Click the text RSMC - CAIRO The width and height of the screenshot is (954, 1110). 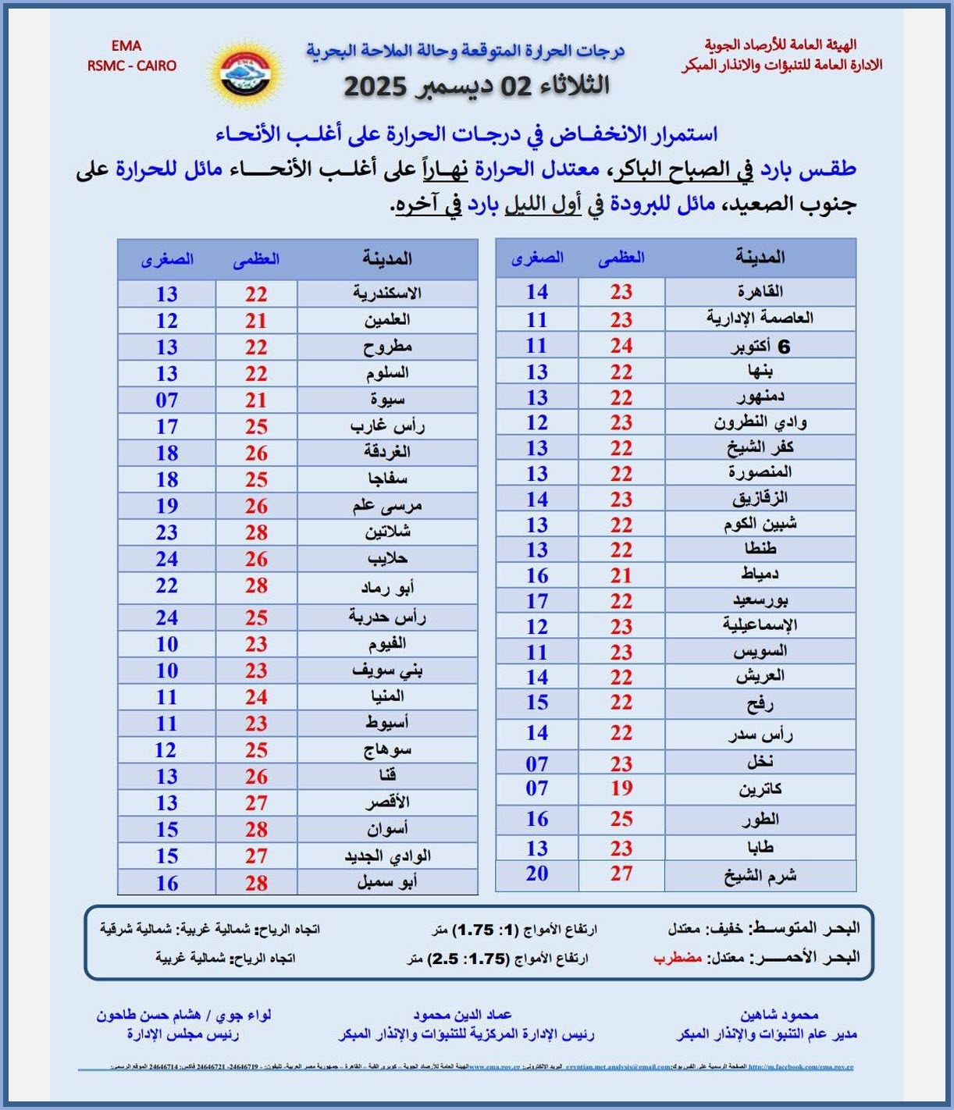tap(132, 66)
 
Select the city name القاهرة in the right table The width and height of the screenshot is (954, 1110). tap(760, 291)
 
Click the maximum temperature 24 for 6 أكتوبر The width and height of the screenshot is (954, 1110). tap(621, 345)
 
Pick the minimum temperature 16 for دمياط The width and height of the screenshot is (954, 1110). tap(537, 575)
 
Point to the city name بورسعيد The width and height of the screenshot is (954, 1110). tap(760, 600)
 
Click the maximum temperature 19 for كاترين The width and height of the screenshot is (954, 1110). tap(621, 788)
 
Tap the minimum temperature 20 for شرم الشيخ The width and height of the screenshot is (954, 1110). tap(537, 873)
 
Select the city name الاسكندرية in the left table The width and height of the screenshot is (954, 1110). tap(386, 294)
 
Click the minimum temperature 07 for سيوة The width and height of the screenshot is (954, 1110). tap(166, 400)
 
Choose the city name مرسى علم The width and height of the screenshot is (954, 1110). tap(386, 506)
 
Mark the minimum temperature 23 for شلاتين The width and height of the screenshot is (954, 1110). tap(166, 532)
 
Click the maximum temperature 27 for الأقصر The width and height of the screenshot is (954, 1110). tap(256, 802)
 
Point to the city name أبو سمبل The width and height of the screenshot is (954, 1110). tap(386, 882)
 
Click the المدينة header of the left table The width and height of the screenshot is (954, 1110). tap(386, 258)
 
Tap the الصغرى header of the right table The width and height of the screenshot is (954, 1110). tap(537, 257)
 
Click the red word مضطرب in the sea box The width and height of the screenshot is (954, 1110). tap(678, 957)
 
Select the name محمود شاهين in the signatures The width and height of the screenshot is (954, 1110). tap(778, 1015)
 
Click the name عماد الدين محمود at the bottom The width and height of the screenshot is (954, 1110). tap(462, 1015)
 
